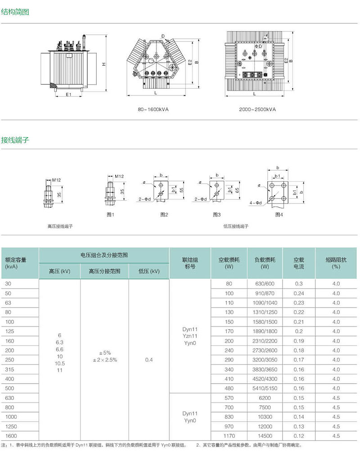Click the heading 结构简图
15,12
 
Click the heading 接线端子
15,140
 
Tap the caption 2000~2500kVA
257,109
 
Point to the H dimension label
103,64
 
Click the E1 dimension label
68,95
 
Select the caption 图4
279,215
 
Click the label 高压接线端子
60,226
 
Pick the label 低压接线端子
235,226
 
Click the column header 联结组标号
189,263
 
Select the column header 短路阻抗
336,263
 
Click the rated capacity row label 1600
11,436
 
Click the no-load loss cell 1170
229,436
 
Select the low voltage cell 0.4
149,360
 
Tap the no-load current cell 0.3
299,284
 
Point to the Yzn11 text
189,336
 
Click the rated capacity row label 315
9,370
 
